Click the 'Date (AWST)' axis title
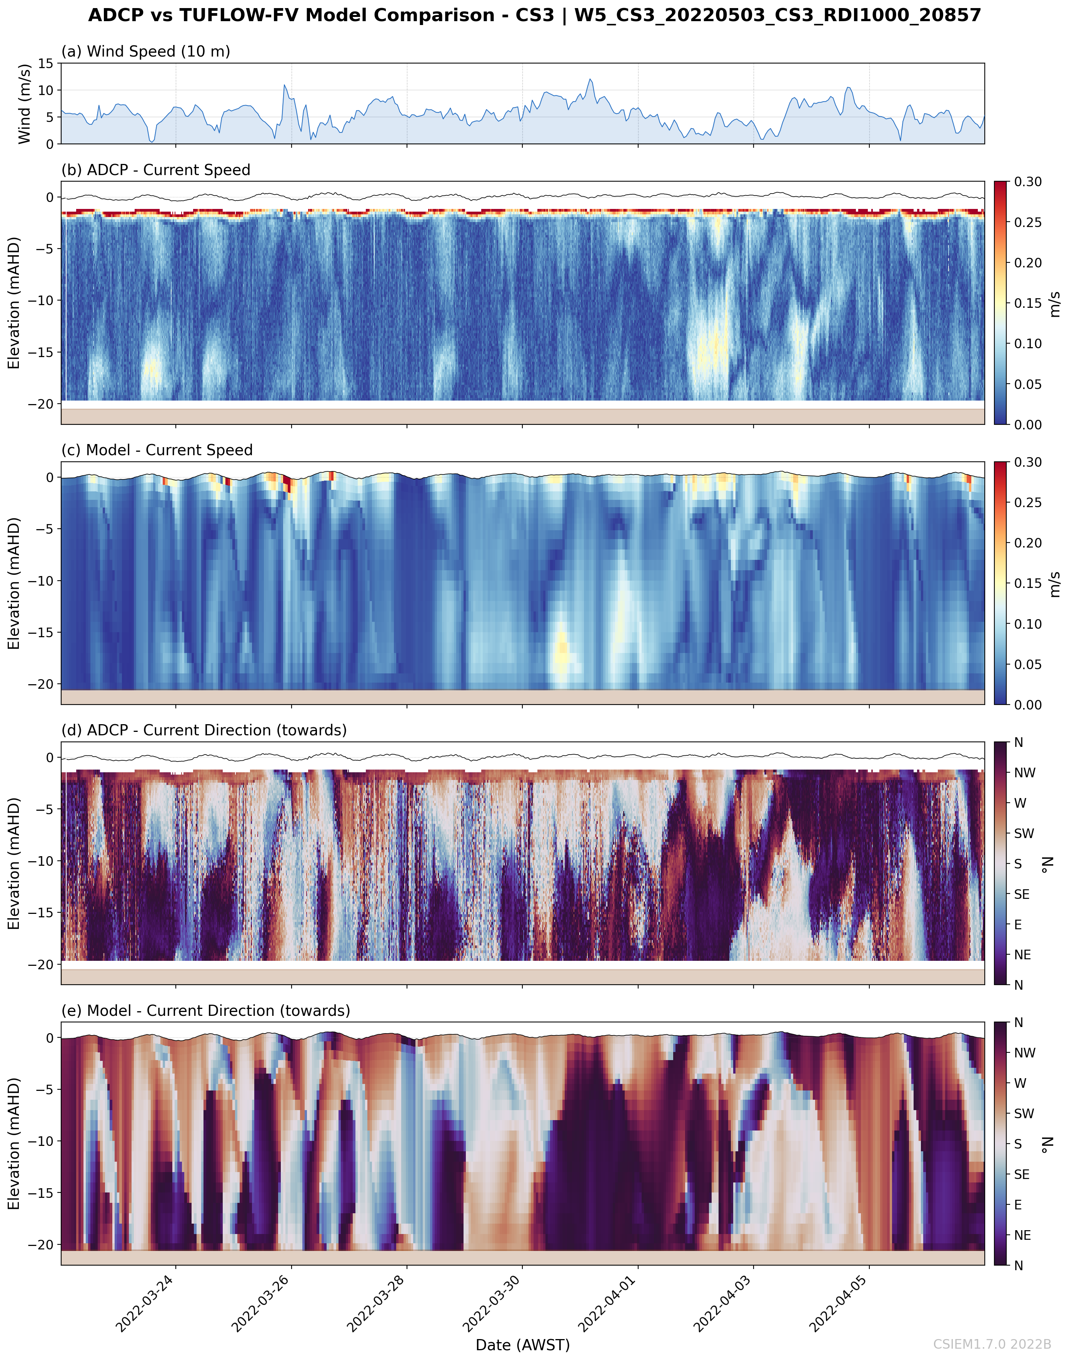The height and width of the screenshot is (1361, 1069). point(523,1345)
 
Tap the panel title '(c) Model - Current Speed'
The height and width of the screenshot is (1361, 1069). point(157,450)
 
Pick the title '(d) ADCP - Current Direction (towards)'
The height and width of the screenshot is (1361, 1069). point(204,730)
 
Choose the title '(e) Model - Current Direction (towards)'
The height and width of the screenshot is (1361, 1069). point(206,1010)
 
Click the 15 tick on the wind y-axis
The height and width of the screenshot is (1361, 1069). point(46,63)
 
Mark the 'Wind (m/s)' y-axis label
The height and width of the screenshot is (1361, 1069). point(24,103)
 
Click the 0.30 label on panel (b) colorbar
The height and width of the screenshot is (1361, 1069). point(1028,182)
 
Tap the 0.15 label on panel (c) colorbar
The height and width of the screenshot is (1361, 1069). point(1028,583)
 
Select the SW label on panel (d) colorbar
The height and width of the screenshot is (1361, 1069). point(1024,833)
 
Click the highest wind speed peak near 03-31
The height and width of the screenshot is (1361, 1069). point(590,80)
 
